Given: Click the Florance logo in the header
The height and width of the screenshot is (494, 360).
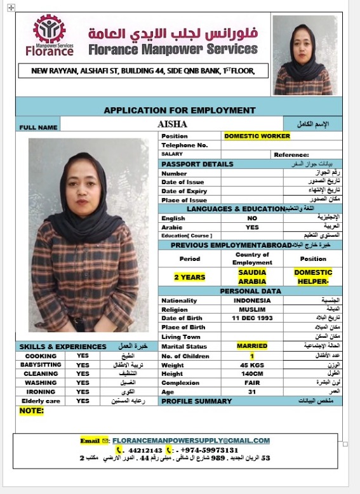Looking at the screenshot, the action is pyautogui.click(x=50, y=36).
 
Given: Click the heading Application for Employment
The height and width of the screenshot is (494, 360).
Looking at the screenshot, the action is pyautogui.click(x=180, y=110).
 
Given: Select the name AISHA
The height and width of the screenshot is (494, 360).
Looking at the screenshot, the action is pyautogui.click(x=172, y=124).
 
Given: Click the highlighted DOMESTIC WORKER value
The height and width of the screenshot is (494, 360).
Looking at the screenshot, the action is pyautogui.click(x=257, y=136).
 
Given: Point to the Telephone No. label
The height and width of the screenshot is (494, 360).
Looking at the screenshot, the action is pyautogui.click(x=185, y=145).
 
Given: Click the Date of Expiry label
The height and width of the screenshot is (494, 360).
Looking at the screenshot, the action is pyautogui.click(x=184, y=191).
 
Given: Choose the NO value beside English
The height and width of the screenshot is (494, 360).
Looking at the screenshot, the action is pyautogui.click(x=252, y=218).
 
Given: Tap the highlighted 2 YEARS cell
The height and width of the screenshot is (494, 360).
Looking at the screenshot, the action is pyautogui.click(x=190, y=277).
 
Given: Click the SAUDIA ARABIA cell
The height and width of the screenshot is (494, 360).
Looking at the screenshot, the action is pyautogui.click(x=252, y=276).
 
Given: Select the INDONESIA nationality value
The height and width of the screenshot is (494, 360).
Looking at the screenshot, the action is pyautogui.click(x=252, y=300).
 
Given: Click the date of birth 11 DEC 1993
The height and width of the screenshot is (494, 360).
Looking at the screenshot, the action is pyautogui.click(x=252, y=317).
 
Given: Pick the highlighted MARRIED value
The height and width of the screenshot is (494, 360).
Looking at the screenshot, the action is pyautogui.click(x=252, y=346).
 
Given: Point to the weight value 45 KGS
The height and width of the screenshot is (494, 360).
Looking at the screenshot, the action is pyautogui.click(x=252, y=365).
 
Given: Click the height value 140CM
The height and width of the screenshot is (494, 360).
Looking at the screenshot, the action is pyautogui.click(x=252, y=374).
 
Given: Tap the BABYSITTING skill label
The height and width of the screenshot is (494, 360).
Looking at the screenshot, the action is pyautogui.click(x=41, y=365).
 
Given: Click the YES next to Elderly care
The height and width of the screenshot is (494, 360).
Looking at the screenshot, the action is pyautogui.click(x=83, y=401).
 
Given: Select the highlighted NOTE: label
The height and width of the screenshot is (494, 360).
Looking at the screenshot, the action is pyautogui.click(x=32, y=411).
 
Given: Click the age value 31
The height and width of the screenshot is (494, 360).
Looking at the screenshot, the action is pyautogui.click(x=252, y=392).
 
